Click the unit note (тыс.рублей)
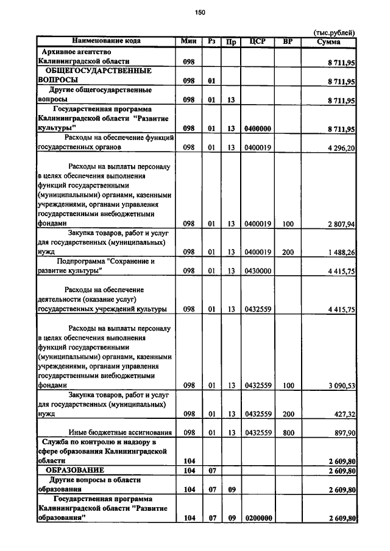[333, 33]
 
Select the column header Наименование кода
[106, 41]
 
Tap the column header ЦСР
[257, 41]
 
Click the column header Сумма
[329, 42]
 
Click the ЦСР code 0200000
[257, 518]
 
